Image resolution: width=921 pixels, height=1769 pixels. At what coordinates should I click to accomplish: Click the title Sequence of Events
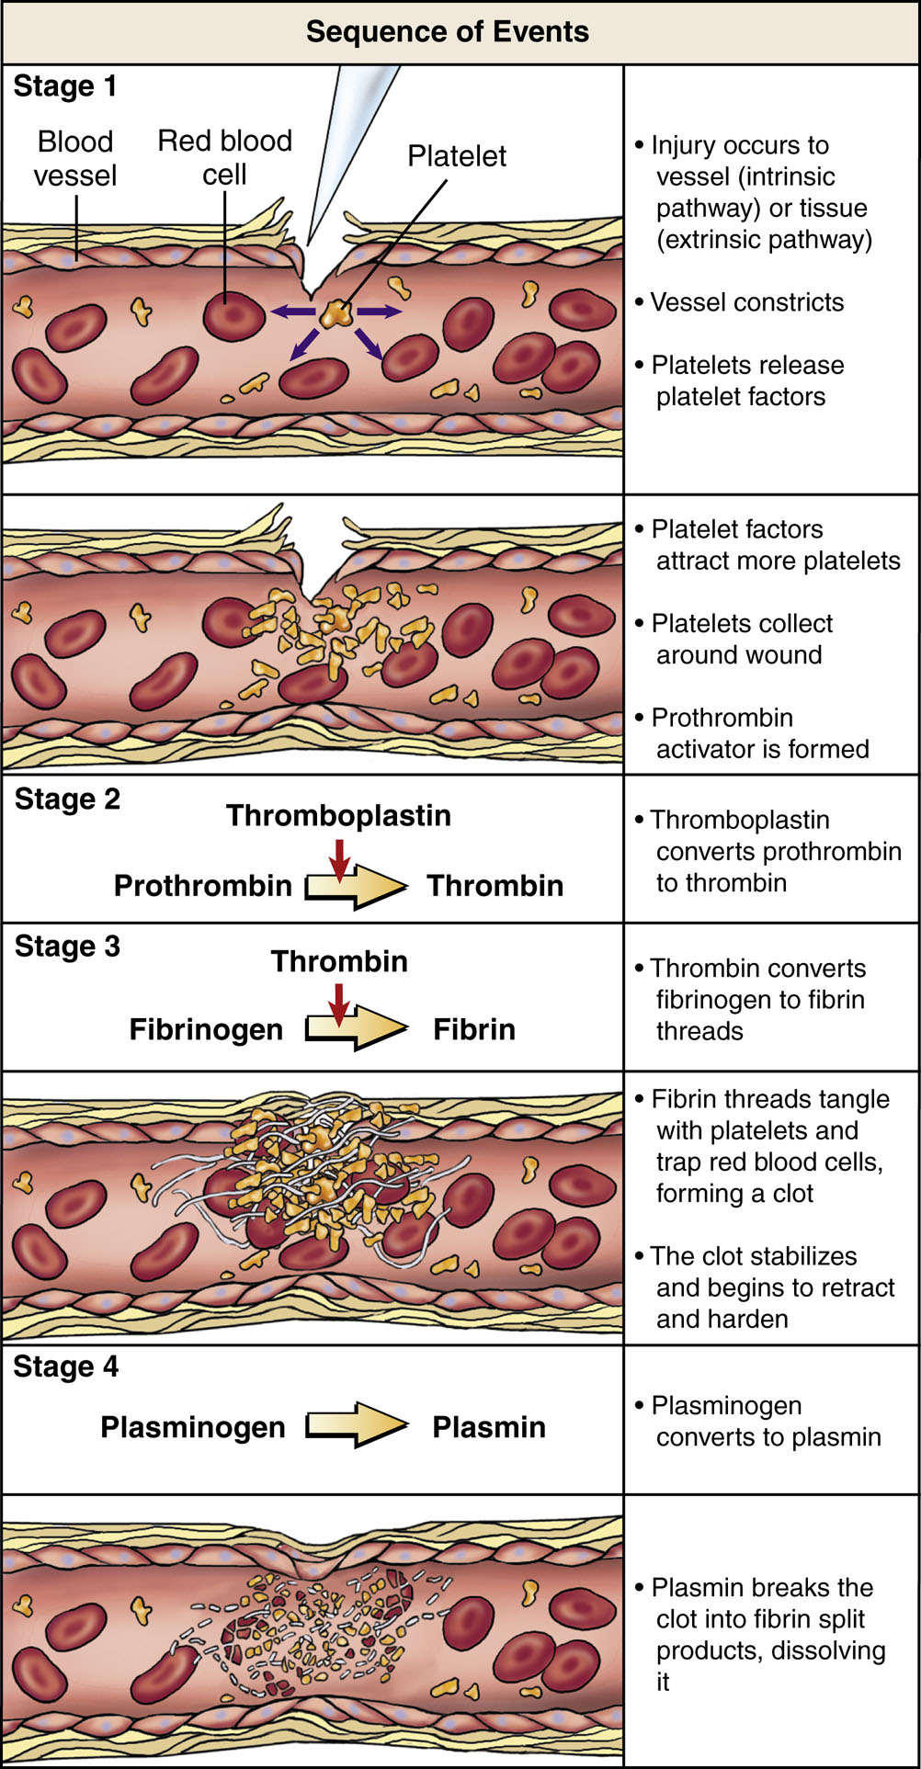(447, 32)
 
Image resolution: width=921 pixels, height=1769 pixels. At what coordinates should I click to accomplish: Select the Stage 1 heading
(64, 86)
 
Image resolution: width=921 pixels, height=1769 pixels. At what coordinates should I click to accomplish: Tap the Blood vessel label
(75, 158)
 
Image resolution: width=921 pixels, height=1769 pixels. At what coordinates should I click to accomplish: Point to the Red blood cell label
(224, 157)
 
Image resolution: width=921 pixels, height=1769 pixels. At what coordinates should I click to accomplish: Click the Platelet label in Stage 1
(456, 156)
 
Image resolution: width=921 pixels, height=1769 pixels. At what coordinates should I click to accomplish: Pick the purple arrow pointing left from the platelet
(292, 312)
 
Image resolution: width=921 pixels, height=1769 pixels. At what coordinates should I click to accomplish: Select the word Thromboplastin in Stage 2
(338, 816)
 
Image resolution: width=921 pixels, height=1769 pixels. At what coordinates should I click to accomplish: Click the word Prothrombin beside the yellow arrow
(202, 886)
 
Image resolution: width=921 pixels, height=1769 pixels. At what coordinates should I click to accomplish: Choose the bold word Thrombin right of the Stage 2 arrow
(495, 886)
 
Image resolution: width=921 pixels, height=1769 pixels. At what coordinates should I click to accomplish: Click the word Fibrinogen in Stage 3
(206, 1030)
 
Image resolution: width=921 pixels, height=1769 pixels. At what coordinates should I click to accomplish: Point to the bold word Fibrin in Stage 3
(473, 1030)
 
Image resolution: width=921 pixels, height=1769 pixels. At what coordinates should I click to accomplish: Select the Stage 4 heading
(65, 1367)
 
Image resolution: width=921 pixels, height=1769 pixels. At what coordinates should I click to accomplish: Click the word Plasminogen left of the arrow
(193, 1427)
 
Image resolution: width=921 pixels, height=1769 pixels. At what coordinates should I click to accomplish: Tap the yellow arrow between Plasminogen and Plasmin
(357, 1425)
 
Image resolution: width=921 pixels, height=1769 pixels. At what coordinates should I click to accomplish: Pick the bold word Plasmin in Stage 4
(489, 1427)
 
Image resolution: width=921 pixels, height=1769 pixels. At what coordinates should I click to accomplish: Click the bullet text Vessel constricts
(746, 302)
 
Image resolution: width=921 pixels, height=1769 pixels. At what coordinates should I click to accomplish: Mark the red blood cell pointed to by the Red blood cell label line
(233, 315)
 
